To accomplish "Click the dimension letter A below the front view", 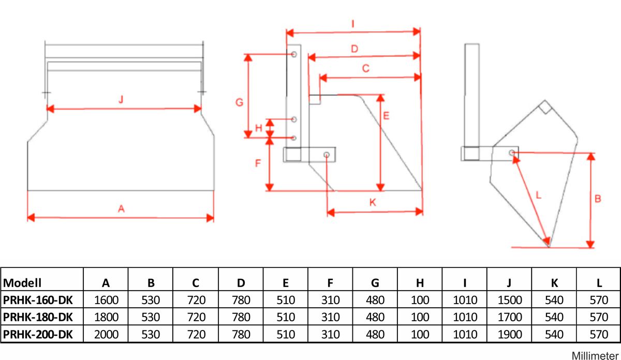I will [x=121, y=208].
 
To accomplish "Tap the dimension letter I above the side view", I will [x=352, y=24].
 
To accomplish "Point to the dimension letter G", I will [x=239, y=103].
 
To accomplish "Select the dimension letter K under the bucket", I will [x=373, y=203].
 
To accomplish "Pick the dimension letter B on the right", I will [x=598, y=198].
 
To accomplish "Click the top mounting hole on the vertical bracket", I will [x=294, y=54].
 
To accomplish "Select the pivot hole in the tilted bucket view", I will [x=511, y=153].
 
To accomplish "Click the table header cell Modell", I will [x=22, y=282].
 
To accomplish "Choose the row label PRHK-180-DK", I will [x=38, y=317].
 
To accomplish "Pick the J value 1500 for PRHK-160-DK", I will [x=510, y=300].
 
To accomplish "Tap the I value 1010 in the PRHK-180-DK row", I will [x=465, y=317].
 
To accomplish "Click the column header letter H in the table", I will [x=420, y=282].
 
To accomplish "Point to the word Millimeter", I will [x=595, y=355].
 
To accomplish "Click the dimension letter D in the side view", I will [x=354, y=49].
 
